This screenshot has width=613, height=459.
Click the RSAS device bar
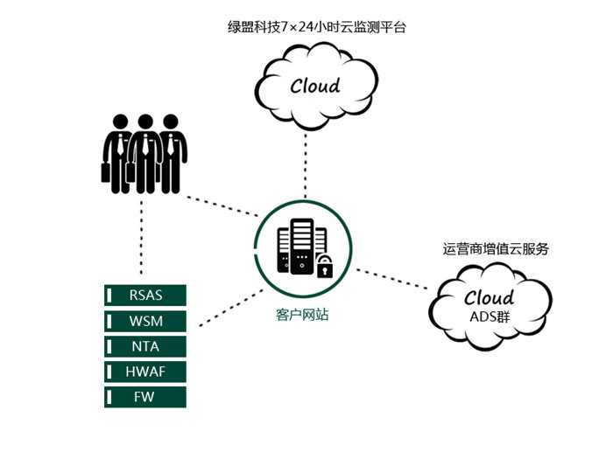[x=145, y=295]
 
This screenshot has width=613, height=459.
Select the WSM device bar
[x=145, y=320]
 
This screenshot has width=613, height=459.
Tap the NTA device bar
[x=145, y=345]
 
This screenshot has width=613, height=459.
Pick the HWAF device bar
[x=145, y=372]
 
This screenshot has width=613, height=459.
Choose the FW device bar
[x=145, y=397]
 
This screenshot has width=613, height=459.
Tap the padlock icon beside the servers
[x=325, y=266]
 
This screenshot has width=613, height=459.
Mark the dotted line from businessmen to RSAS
[x=140, y=236]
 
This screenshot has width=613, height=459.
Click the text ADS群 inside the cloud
[x=490, y=316]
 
